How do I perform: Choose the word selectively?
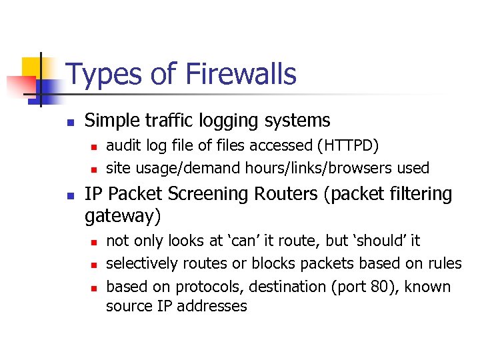(x=142, y=263)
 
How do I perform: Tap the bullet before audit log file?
(x=95, y=147)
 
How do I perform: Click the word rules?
(x=444, y=263)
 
